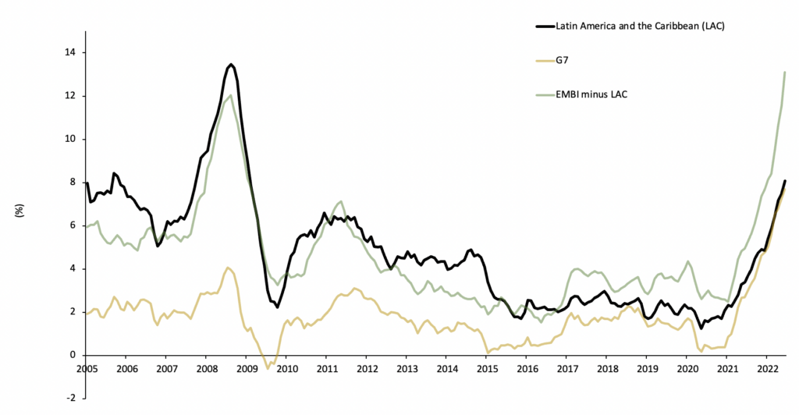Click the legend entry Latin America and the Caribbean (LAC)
click(641, 26)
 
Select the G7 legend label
click(563, 59)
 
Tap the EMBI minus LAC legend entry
click(591, 94)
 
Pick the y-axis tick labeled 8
click(73, 183)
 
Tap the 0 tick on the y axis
click(73, 355)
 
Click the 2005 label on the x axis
click(87, 369)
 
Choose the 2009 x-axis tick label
click(246, 369)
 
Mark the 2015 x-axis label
click(487, 369)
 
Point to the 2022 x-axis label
click(766, 369)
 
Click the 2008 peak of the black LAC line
click(231, 64)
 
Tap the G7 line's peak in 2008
click(228, 268)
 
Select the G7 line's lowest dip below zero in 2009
click(268, 368)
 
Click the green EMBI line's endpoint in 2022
click(785, 72)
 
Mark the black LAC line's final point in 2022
click(785, 181)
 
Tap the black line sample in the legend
click(545, 26)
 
